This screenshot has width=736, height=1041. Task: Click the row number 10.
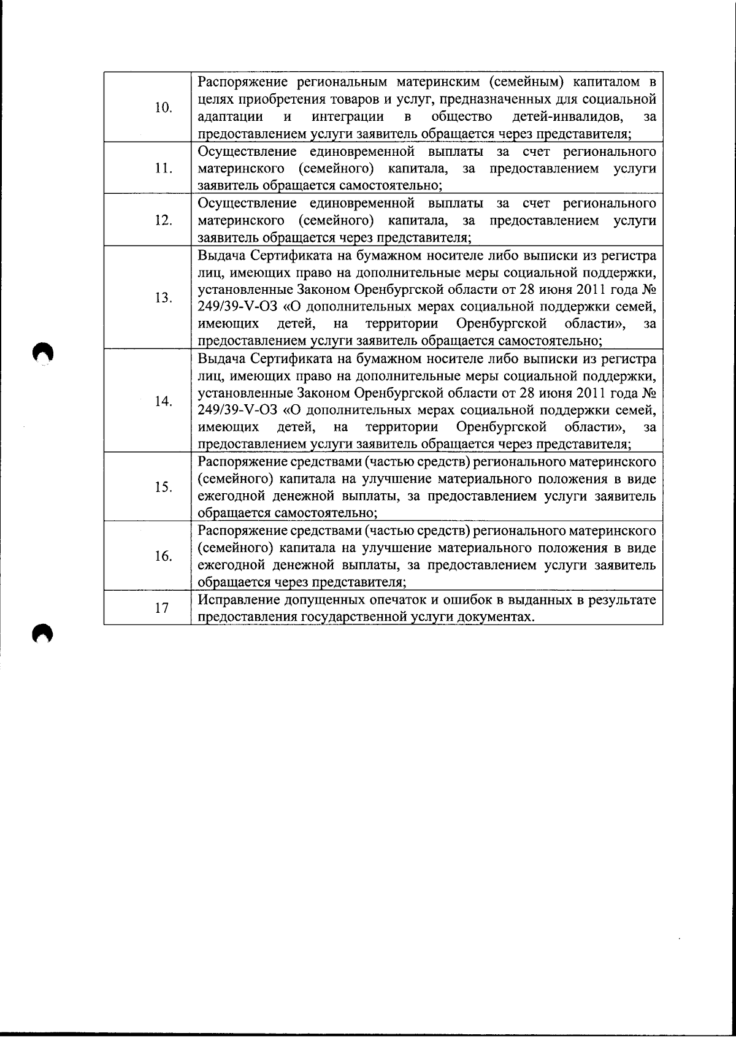point(163,108)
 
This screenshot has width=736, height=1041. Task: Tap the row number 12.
point(163,220)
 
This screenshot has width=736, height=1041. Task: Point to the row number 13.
point(163,298)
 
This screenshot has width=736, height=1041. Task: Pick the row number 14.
point(163,401)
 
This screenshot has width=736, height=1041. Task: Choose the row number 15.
point(163,487)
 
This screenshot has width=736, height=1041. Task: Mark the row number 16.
point(163,556)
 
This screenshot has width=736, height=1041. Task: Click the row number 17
point(162,608)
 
